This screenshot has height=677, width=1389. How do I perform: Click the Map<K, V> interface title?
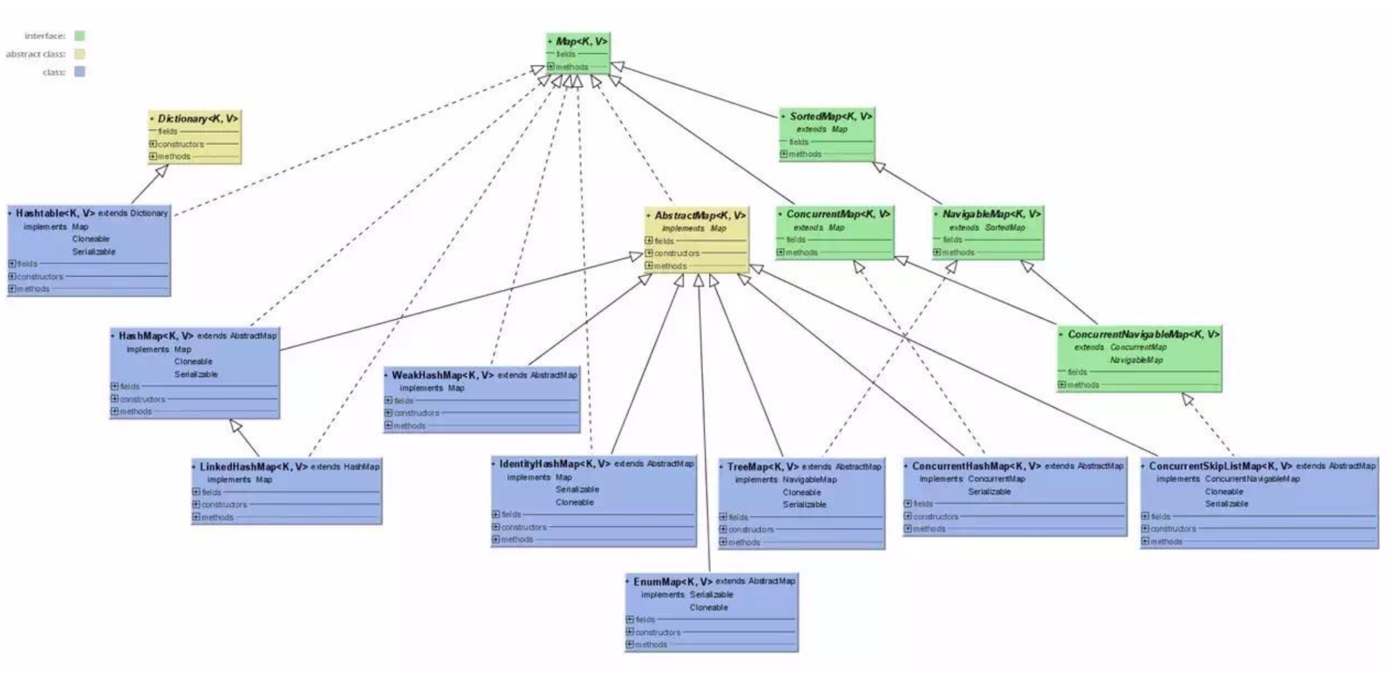[581, 42]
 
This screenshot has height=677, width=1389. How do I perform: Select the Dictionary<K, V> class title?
[198, 119]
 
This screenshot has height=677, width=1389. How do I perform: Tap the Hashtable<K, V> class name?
[55, 213]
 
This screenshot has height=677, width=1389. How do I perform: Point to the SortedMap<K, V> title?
[830, 116]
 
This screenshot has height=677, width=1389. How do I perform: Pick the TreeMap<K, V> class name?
[763, 467]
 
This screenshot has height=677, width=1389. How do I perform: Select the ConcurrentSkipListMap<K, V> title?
[1220, 466]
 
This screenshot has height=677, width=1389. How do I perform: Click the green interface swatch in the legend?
[80, 36]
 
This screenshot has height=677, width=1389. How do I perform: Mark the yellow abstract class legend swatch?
[80, 54]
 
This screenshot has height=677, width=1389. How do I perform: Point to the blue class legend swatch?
[80, 72]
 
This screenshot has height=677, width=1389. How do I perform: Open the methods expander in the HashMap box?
[115, 411]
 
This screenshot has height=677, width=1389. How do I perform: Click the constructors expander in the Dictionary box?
[153, 144]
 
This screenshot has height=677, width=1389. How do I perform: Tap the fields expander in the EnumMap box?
[630, 619]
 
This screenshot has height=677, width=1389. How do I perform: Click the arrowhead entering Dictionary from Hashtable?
[163, 171]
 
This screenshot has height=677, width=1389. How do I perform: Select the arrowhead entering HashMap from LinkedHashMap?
[235, 426]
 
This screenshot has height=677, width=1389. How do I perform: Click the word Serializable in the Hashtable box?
[94, 251]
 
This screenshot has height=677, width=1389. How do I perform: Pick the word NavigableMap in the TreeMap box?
[810, 479]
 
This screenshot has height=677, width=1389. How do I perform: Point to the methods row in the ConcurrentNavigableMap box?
[1082, 385]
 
